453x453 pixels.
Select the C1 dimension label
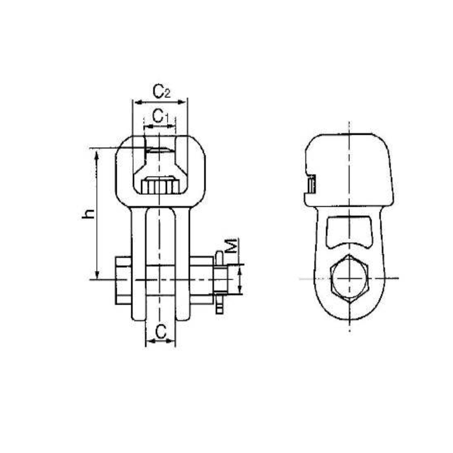coord(161,117)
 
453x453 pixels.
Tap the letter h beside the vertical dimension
coord(87,214)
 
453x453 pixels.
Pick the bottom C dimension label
coord(161,332)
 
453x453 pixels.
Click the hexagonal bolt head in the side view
coord(349,278)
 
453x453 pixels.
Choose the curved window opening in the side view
coord(349,232)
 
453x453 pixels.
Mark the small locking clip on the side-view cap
coord(311,185)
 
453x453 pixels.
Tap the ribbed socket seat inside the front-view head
coord(161,186)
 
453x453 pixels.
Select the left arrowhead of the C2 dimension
coord(136,102)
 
